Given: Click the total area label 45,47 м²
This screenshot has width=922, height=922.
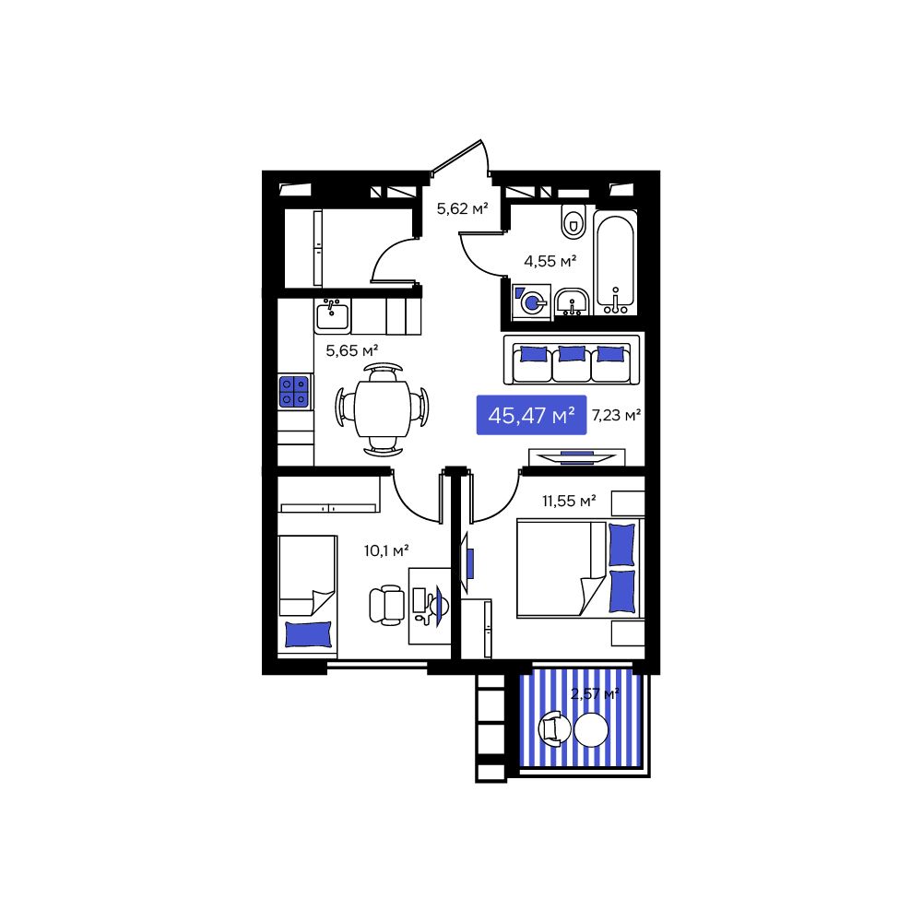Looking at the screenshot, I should click(x=531, y=416).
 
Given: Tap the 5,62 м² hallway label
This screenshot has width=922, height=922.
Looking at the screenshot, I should click(x=462, y=209).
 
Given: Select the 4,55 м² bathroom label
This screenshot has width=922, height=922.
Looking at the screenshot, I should click(x=550, y=261).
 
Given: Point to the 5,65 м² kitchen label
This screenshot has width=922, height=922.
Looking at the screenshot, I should click(x=352, y=349).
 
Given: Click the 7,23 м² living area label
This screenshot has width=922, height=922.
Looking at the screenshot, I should click(x=616, y=416).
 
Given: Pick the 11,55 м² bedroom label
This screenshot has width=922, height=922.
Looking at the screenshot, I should click(x=569, y=502).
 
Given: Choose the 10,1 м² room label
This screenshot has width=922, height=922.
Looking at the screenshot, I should click(x=387, y=550).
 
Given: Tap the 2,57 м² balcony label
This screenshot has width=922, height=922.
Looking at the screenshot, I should click(x=594, y=694).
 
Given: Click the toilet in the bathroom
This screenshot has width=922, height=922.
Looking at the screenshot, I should click(x=573, y=221).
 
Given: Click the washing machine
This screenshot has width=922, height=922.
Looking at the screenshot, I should click(x=532, y=301).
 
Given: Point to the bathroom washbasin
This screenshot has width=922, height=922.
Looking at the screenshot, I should click(x=573, y=301).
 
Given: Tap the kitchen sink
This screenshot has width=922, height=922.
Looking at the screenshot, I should click(x=332, y=316).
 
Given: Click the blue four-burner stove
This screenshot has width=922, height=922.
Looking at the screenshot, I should click(x=294, y=392).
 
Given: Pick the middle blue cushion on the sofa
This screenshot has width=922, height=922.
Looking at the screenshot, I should click(x=572, y=353).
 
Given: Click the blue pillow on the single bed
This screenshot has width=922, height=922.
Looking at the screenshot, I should click(x=308, y=634).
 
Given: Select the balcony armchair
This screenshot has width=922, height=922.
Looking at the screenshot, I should click(x=554, y=728).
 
